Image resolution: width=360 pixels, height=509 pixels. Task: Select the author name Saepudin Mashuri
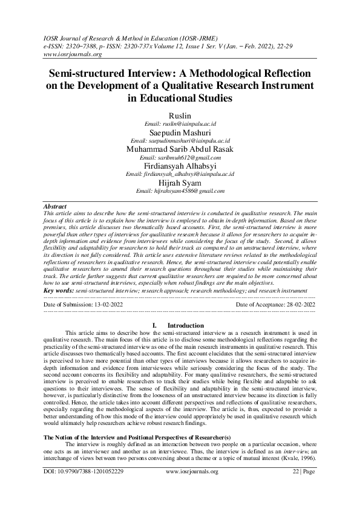click(x=180, y=130)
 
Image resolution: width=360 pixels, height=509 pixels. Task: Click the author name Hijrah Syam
click(x=180, y=182)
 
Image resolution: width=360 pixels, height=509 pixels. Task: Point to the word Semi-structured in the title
click(x=97, y=72)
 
